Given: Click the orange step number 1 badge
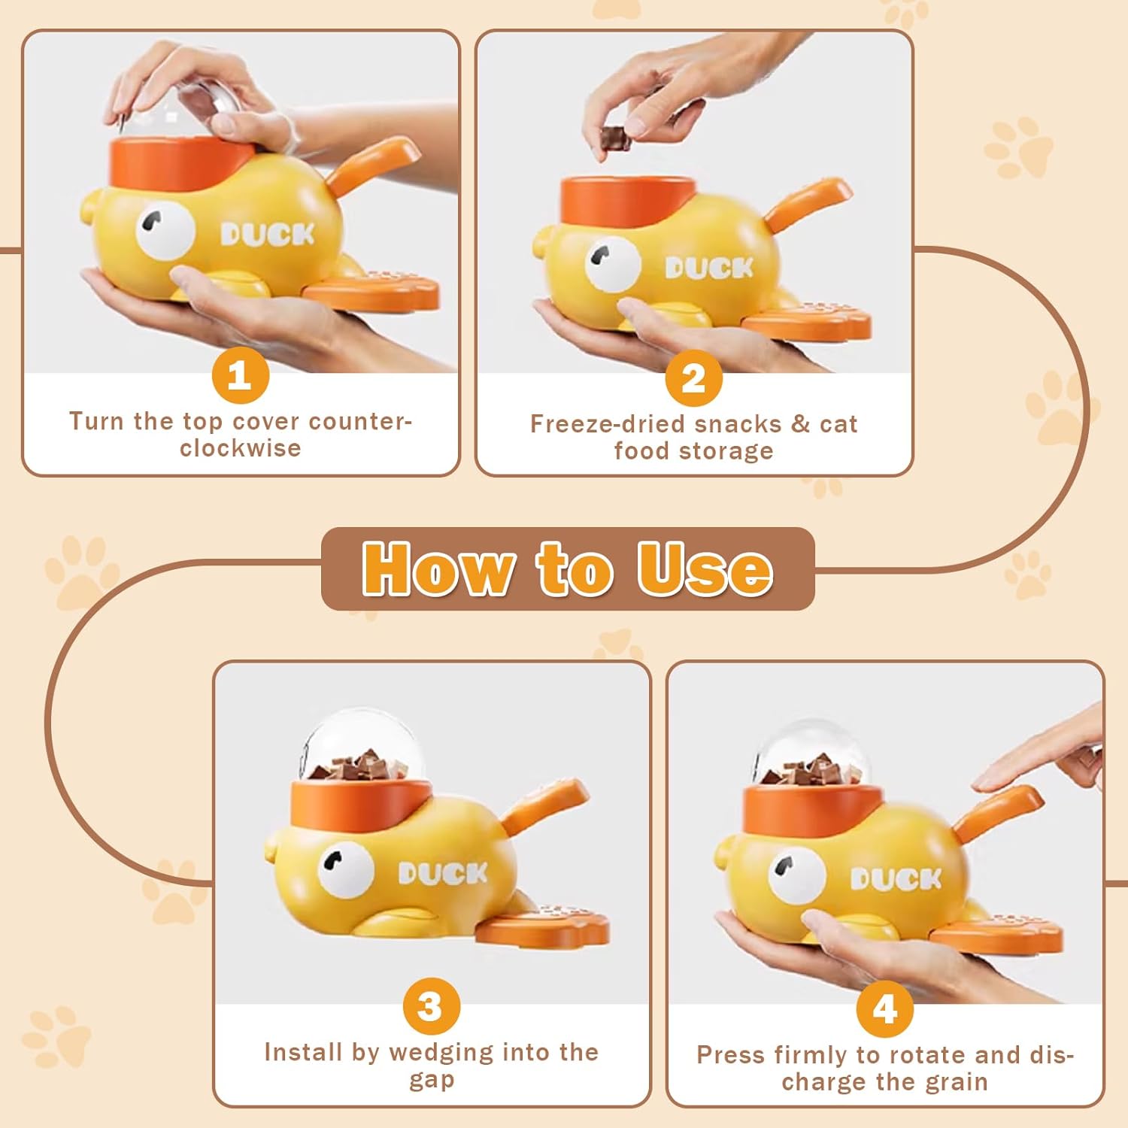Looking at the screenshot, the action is [241, 374].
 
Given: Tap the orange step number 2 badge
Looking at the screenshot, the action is [693, 378].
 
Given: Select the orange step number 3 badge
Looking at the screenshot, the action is [431, 1006].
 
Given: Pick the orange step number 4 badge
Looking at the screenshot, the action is [885, 1008].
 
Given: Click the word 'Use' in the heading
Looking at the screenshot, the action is [705, 569].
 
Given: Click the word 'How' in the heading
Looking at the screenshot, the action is [438, 569].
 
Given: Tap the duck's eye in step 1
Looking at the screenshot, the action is [165, 229].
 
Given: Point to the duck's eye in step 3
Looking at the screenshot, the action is [346, 868].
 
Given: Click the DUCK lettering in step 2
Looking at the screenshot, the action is [709, 268].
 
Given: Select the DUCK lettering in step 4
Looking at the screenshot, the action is [896, 878].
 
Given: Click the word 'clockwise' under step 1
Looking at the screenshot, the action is [241, 448].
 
